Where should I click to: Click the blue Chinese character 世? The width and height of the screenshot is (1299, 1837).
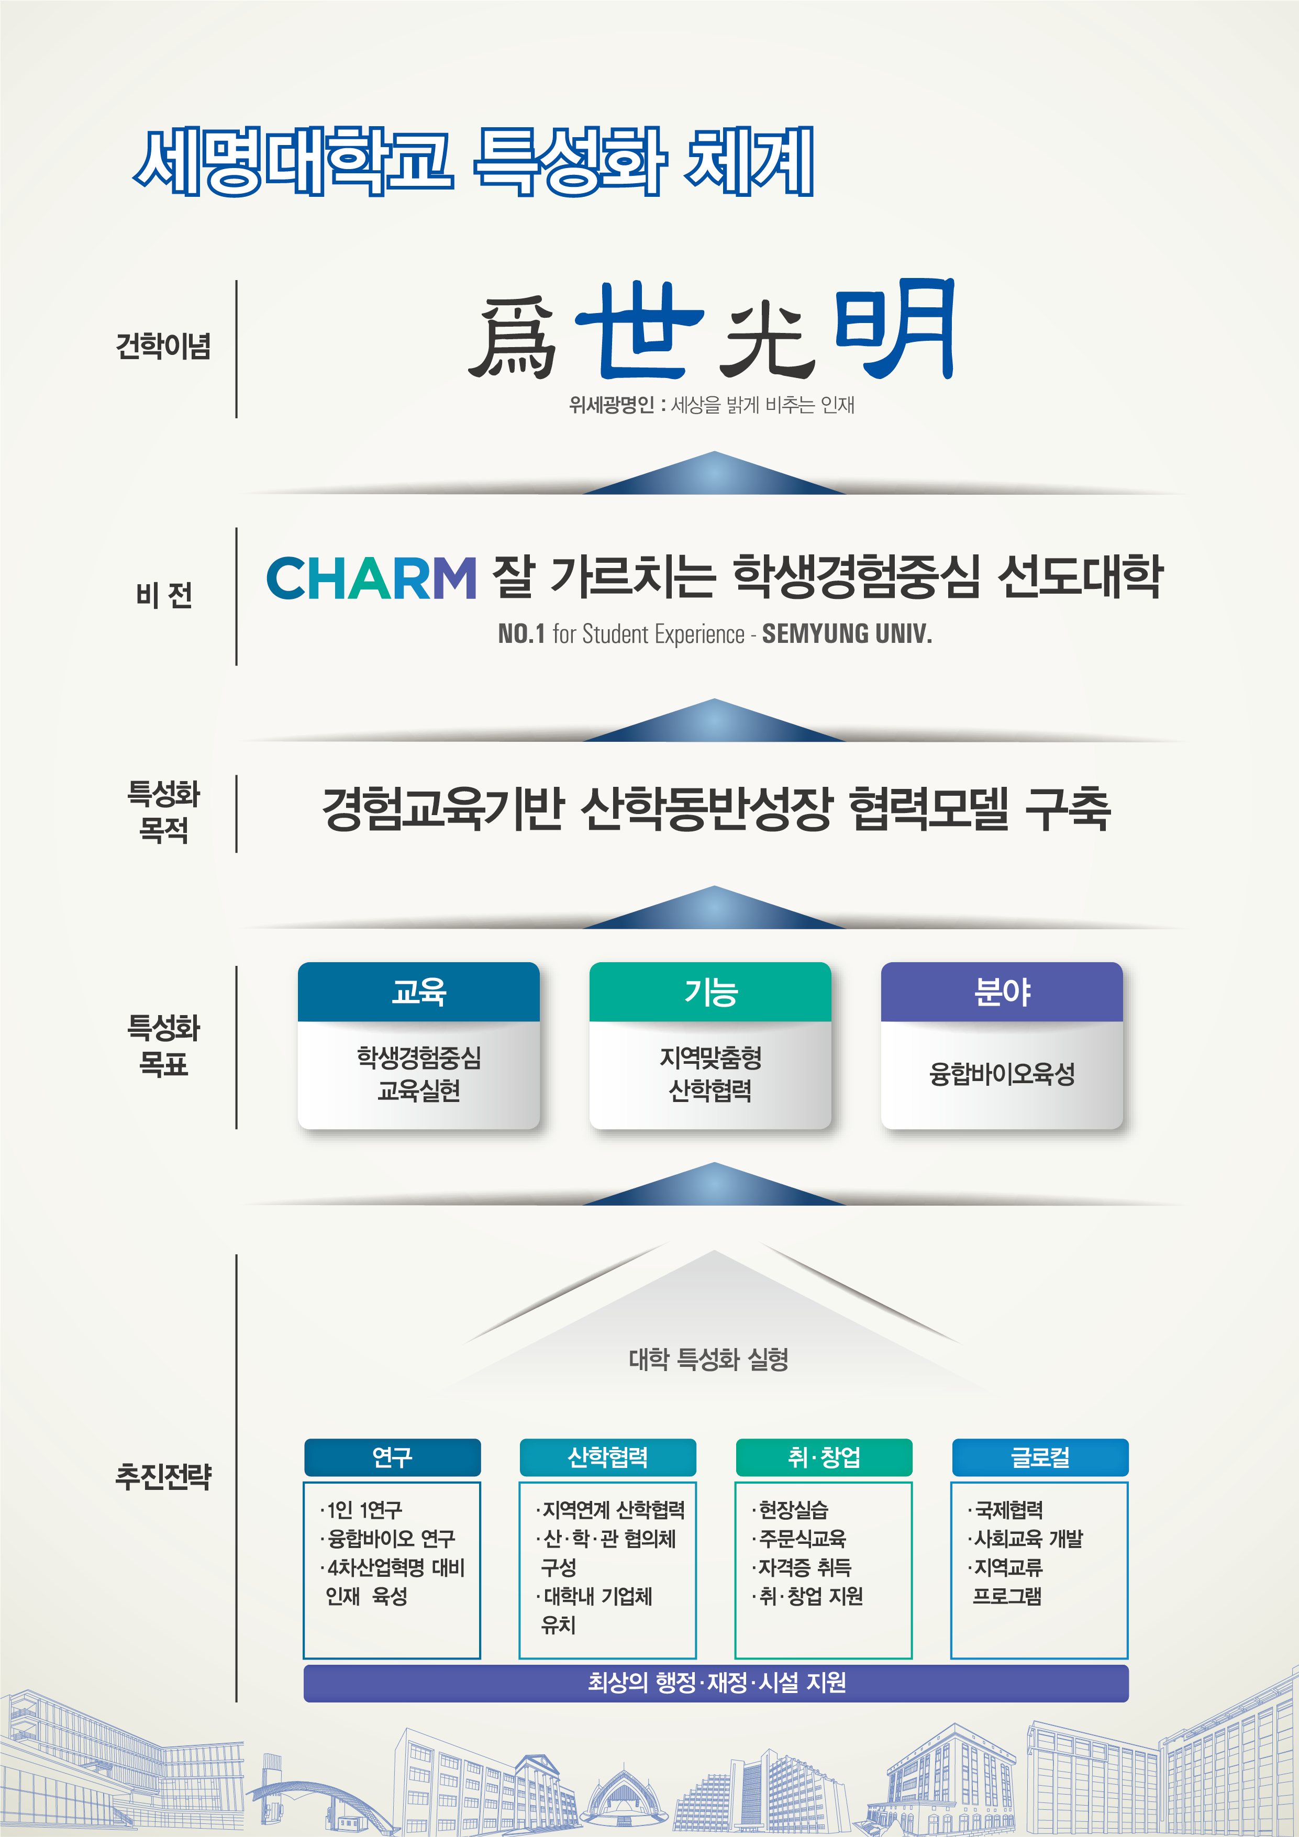point(639,330)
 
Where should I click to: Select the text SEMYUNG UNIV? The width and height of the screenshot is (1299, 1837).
point(847,633)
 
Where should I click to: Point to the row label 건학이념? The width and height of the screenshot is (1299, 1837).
point(163,347)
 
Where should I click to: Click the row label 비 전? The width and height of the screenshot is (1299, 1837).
point(163,595)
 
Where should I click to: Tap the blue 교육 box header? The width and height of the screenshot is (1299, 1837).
point(418,992)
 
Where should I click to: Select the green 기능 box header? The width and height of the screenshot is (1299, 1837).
point(710,992)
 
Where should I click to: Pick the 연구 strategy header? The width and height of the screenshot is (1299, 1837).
point(392,1457)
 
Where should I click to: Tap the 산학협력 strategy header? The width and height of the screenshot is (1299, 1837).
point(607,1457)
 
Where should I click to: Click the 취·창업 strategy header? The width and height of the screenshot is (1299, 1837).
point(824,1457)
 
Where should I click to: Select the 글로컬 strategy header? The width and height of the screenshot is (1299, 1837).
point(1040,1457)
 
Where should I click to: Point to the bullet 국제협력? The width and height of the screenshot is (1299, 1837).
point(1008,1510)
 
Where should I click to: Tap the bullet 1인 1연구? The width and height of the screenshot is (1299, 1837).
point(364,1510)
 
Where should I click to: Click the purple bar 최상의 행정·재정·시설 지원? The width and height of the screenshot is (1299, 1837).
point(716,1682)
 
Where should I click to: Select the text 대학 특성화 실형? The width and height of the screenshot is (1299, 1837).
point(708,1359)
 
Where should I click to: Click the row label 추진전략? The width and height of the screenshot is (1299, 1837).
point(163,1476)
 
